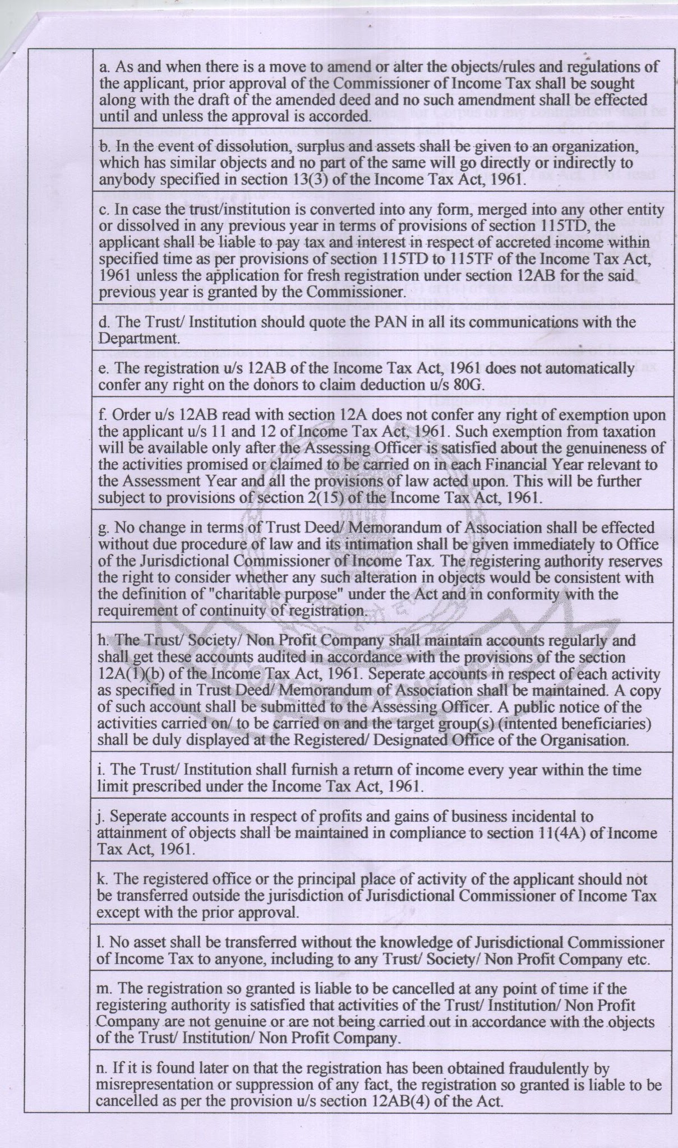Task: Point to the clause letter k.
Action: click(102, 878)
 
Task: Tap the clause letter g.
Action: click(102, 529)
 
